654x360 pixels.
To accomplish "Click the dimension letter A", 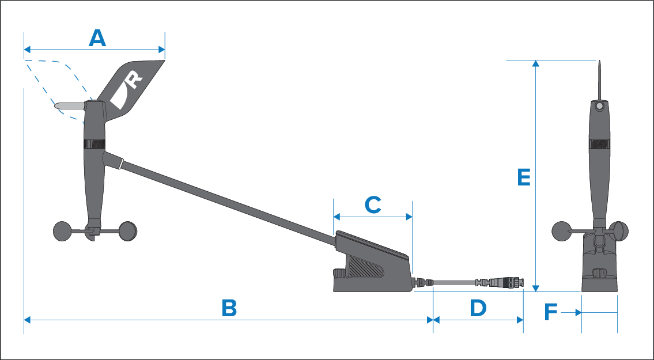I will pyautogui.click(x=98, y=39).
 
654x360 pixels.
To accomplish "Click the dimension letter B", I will pyautogui.click(x=229, y=308).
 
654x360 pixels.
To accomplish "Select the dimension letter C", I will pyautogui.click(x=373, y=204).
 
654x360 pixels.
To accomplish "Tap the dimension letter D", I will pyautogui.click(x=478, y=308).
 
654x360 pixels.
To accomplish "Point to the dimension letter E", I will pyautogui.click(x=524, y=177).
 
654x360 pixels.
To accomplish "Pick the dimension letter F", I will pyautogui.click(x=551, y=313).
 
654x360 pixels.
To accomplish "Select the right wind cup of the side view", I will pyautogui.click(x=128, y=231).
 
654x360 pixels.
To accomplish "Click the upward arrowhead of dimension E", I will pyautogui.click(x=536, y=64).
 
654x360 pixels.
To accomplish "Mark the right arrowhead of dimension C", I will pyautogui.click(x=410, y=217).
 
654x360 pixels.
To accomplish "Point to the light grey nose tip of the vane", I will pyautogui.click(x=63, y=106).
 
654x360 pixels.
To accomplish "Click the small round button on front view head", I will pyautogui.click(x=599, y=107).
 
